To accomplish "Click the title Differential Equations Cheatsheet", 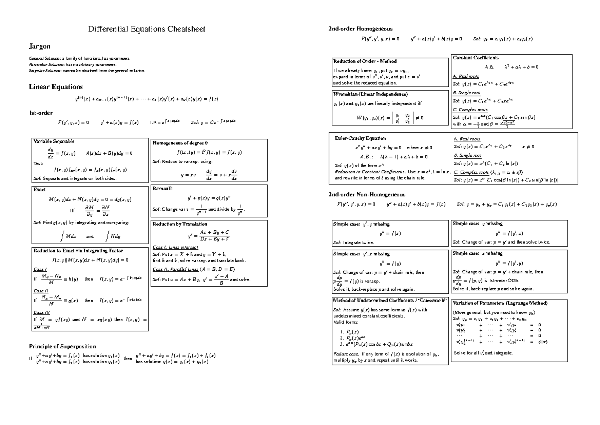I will pos(146,29).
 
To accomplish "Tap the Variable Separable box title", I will pos(53,142).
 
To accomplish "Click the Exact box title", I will pos(40,190).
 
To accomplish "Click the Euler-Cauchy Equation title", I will pos(360,138).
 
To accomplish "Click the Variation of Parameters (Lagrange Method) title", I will pos(500,303).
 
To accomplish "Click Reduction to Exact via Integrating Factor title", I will pos(78,250).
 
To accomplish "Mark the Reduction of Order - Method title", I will pos(365,61).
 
